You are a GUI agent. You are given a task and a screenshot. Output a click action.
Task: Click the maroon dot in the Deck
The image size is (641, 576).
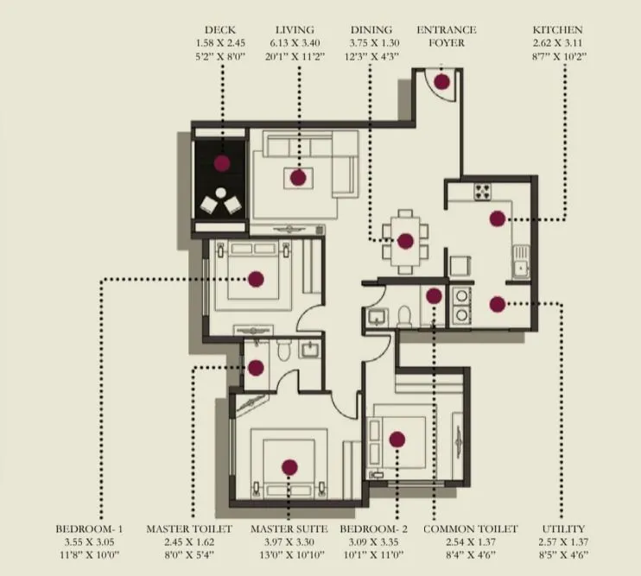coord(222,162)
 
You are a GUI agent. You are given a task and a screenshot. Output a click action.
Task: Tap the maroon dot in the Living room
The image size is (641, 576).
coord(298,177)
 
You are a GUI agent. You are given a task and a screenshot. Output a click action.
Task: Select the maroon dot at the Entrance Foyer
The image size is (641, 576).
coord(442,82)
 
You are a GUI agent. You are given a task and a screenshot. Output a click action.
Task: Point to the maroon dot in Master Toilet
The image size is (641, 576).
coord(256,367)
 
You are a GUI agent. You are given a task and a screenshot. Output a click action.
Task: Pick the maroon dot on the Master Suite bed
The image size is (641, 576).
coord(289,467)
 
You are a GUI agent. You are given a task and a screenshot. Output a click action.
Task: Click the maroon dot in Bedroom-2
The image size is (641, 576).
coord(397,440)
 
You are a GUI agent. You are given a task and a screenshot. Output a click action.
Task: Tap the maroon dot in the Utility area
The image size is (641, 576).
coord(497,303)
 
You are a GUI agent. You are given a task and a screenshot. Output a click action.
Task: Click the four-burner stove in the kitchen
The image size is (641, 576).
coord(482,192)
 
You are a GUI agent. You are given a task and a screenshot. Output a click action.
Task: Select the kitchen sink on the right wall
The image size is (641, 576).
coord(520,269)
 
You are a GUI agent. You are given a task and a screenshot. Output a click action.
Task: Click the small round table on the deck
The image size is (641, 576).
coord(222,193)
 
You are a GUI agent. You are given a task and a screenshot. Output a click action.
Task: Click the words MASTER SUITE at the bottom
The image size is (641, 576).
coord(289,529)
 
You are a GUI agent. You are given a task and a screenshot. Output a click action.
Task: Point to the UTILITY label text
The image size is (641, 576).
coord(563,529)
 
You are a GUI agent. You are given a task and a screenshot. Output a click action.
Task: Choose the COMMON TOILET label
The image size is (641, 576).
coord(471,529)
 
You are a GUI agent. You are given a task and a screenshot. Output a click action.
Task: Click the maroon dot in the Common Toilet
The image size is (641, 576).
coord(434,295)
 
